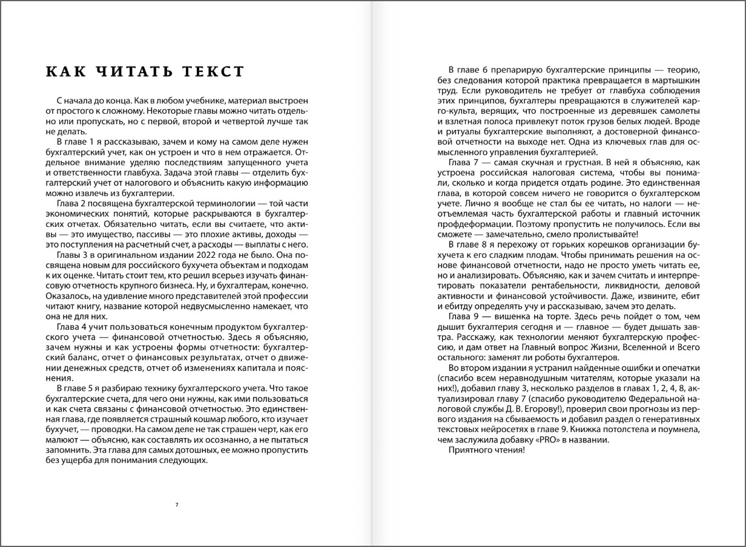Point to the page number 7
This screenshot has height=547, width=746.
click(x=176, y=505)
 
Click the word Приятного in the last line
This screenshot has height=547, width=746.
click(x=468, y=450)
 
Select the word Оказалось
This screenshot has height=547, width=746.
click(x=66, y=296)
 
